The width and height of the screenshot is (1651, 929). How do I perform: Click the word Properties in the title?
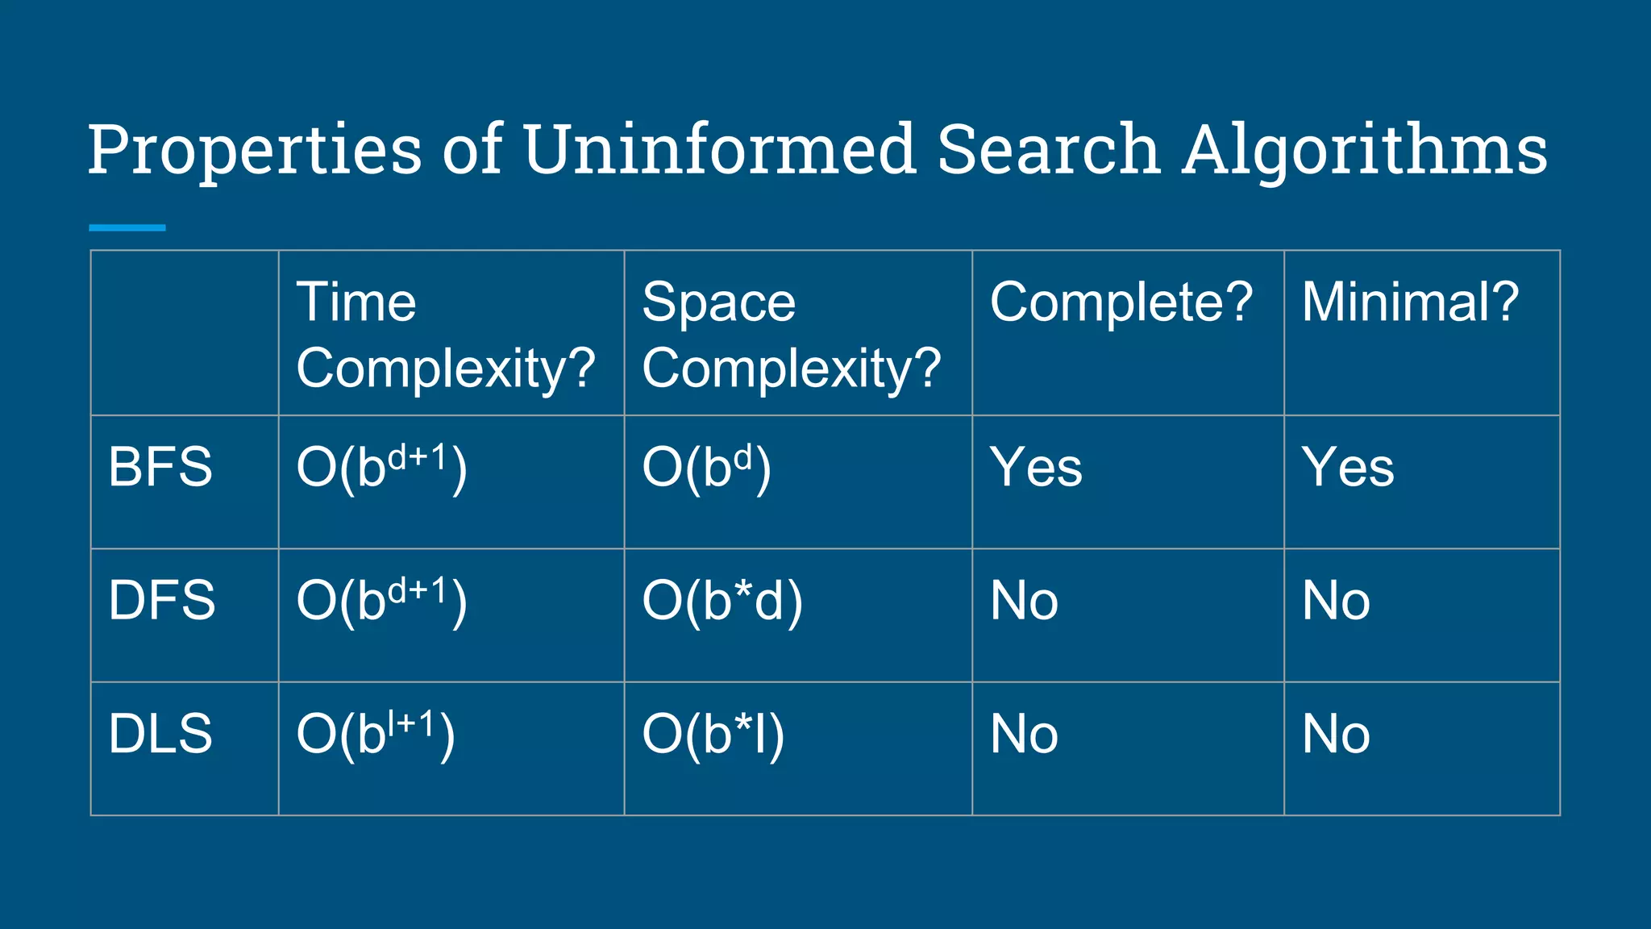coord(255,151)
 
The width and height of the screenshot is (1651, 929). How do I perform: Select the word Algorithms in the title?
coord(1364,151)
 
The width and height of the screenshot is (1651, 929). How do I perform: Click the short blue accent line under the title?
coord(127,228)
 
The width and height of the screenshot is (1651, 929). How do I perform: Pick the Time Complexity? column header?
coord(445,335)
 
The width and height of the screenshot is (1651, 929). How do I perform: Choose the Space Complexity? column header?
coord(791,335)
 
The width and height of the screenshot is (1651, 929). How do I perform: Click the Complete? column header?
coord(1121,302)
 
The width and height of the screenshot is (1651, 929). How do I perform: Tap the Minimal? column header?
coord(1410,302)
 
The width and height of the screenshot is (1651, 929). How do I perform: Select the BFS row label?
coord(160,467)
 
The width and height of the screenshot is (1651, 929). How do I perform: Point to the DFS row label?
coord(162,600)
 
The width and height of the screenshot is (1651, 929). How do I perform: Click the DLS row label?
coord(160,734)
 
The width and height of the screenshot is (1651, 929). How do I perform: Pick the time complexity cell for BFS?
coord(381,467)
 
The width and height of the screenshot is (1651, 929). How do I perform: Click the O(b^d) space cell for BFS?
coord(706,467)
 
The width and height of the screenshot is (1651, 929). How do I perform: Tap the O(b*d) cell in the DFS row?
coord(722,601)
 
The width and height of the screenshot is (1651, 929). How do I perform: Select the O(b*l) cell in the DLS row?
coord(713,735)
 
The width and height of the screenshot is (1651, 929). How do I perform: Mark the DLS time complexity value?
coord(376,734)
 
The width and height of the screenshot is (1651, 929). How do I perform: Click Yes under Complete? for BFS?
coord(1036,467)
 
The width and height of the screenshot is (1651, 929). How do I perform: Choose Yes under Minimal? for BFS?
coord(1348,467)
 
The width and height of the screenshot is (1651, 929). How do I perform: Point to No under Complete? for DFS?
coord(1024,601)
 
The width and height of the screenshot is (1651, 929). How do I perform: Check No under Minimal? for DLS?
coord(1336,735)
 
